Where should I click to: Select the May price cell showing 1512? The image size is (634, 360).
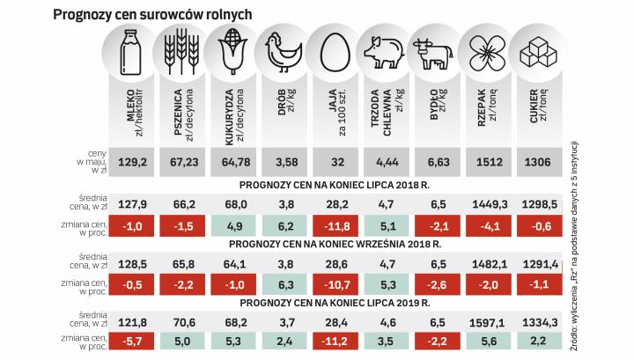click(x=487, y=163)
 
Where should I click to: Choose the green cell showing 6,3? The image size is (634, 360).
click(x=284, y=285)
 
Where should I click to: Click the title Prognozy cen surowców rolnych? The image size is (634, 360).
click(x=153, y=14)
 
